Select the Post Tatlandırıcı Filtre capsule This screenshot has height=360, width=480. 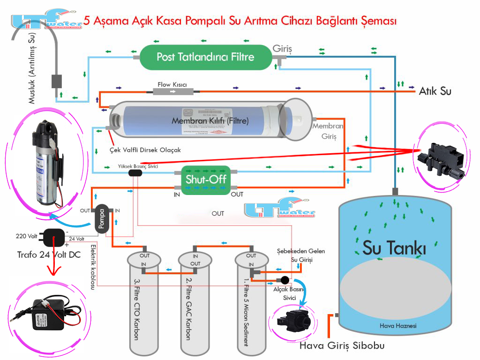205,57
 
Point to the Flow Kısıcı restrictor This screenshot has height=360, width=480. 173,91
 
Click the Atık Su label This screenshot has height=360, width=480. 435,91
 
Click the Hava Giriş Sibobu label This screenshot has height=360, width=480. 342,346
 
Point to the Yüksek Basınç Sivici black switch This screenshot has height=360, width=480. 135,173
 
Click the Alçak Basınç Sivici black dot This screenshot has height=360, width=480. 284,280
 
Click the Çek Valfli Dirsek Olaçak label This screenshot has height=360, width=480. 145,150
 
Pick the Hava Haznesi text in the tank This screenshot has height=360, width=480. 397,326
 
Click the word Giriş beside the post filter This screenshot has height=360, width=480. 283,48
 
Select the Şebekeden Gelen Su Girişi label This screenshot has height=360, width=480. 300,255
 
